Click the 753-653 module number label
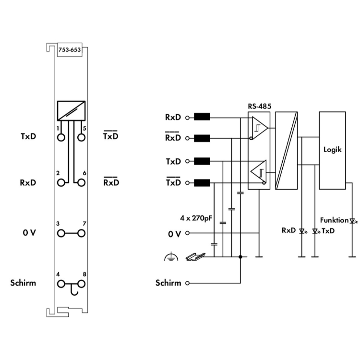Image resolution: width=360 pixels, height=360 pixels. [x=69, y=49]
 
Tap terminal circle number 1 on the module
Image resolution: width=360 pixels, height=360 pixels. [x=61, y=137]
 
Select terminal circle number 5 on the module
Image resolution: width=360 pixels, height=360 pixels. [x=81, y=137]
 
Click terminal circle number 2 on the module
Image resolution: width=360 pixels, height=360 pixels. [x=61, y=182]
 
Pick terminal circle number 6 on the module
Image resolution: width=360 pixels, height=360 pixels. [x=81, y=182]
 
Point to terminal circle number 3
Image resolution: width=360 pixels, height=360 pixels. [x=61, y=233]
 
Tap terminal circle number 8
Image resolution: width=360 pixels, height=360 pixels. [x=81, y=284]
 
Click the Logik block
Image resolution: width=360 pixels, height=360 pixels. [x=332, y=149]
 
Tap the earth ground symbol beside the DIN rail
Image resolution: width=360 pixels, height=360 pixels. [x=168, y=258]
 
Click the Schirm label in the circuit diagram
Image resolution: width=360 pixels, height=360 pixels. [x=168, y=283]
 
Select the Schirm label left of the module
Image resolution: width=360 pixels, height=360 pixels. [x=23, y=283]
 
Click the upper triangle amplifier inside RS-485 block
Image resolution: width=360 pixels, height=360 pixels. [x=260, y=128]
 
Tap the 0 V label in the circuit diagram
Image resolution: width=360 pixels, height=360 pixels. [x=174, y=234]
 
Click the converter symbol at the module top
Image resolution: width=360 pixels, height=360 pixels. [x=71, y=111]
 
